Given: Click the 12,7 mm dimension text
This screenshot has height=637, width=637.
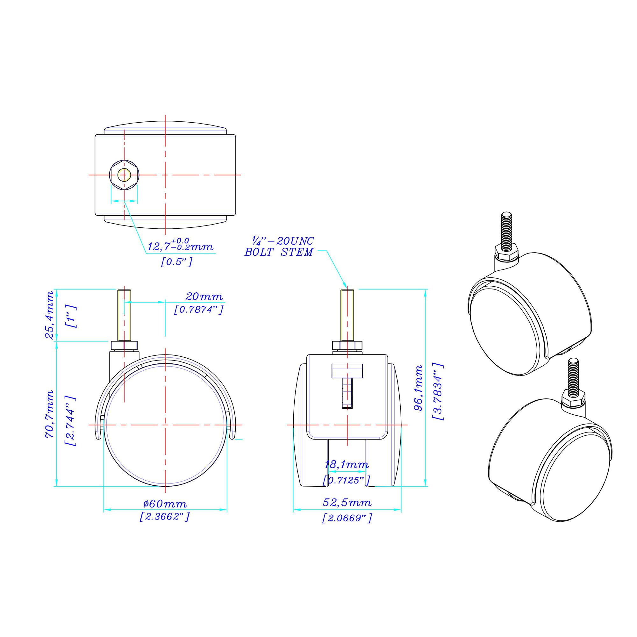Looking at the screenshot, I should (x=180, y=246).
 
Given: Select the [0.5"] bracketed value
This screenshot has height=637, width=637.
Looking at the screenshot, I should (x=176, y=262).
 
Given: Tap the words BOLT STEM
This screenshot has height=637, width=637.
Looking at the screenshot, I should (x=279, y=253).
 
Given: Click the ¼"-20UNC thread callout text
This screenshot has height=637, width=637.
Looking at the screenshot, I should (x=283, y=241).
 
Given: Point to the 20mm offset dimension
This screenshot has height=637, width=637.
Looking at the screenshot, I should (x=204, y=297).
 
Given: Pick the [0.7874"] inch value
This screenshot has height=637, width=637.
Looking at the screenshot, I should (x=199, y=310).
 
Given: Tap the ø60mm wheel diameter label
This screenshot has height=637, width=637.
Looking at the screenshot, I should (x=165, y=504).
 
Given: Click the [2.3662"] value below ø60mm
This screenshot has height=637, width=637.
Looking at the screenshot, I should (x=165, y=516).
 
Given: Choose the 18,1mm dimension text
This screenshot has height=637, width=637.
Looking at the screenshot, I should (x=347, y=465).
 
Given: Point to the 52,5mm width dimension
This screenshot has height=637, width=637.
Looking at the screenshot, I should (x=347, y=503).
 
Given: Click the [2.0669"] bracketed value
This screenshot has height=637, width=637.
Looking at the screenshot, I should (x=347, y=518).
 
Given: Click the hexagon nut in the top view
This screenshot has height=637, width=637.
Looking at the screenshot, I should (x=124, y=175).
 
